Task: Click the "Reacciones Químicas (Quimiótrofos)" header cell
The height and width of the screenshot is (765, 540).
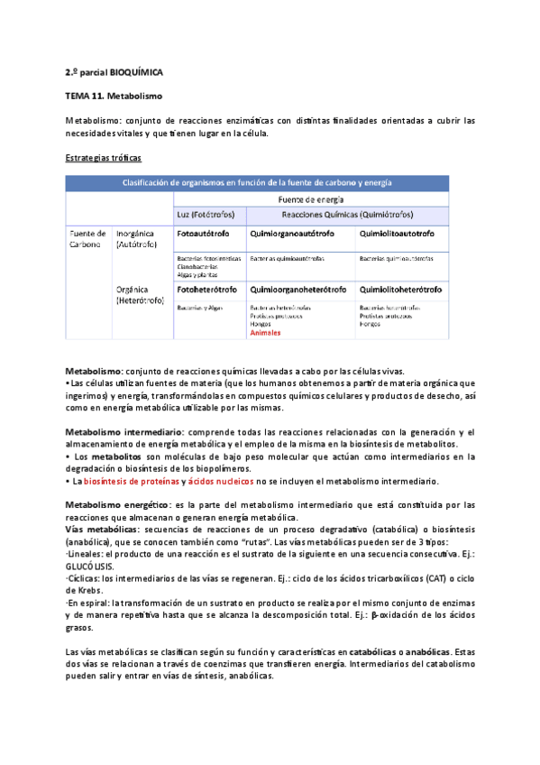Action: (x=342, y=215)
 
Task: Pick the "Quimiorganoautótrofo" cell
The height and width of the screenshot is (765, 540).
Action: (x=292, y=234)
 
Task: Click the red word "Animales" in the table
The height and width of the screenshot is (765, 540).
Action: (x=265, y=332)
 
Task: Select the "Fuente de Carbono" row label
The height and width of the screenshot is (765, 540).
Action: (x=88, y=238)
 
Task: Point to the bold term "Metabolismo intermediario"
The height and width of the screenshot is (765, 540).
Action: (x=120, y=432)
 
